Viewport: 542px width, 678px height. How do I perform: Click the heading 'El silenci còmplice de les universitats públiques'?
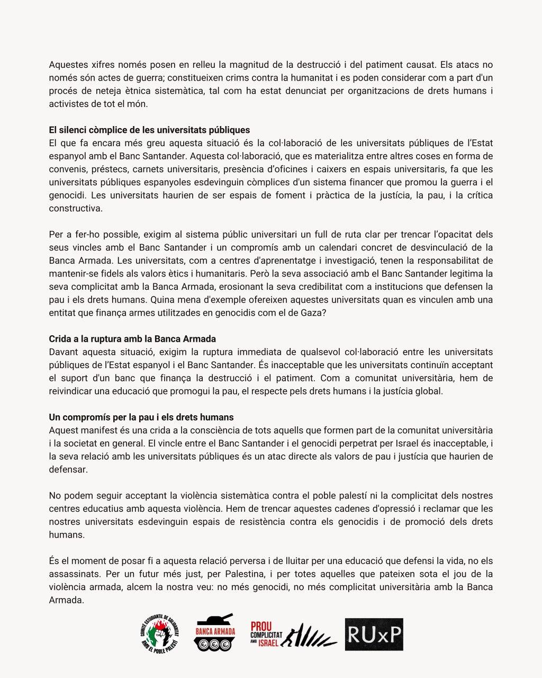click(x=149, y=130)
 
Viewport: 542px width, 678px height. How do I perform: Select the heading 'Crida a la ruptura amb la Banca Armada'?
click(x=132, y=339)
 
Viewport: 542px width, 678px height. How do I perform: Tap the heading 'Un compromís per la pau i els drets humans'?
click(x=141, y=417)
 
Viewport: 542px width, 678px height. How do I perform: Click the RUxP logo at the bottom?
click(x=374, y=635)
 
